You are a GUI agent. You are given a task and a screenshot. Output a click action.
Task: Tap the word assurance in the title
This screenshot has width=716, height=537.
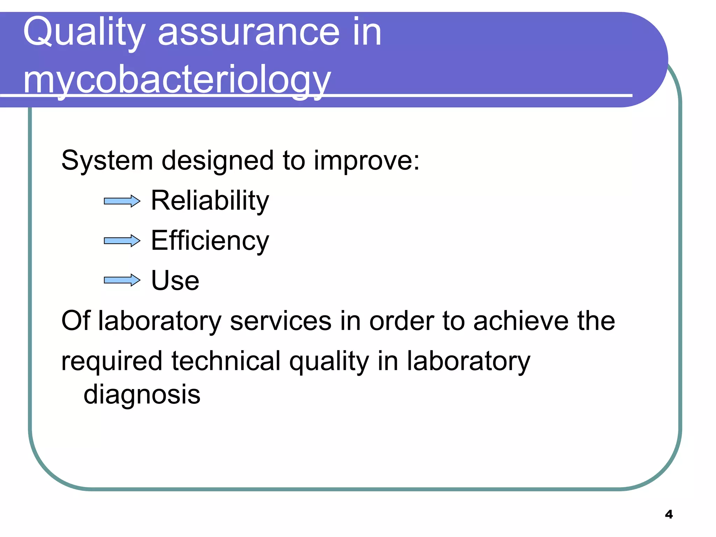(249, 33)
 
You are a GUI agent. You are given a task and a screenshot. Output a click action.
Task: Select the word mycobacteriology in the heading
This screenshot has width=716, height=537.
(177, 80)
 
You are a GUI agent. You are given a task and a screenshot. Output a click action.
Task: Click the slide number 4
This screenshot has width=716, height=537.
(668, 514)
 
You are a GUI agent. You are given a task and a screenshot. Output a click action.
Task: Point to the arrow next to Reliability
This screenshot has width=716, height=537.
(122, 201)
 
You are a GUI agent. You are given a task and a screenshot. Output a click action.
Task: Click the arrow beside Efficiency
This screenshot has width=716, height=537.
(122, 241)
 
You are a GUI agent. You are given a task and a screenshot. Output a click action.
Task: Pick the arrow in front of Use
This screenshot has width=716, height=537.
(122, 280)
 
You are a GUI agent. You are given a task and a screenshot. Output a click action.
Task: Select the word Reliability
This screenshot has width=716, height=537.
(210, 201)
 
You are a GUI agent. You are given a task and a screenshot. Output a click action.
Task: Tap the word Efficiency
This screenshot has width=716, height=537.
(210, 241)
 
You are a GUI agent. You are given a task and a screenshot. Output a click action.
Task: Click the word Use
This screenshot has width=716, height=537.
(175, 281)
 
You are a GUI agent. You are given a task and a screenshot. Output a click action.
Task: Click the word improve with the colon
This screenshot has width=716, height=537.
(366, 161)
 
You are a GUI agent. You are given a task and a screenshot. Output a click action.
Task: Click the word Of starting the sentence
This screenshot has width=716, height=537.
(76, 321)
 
